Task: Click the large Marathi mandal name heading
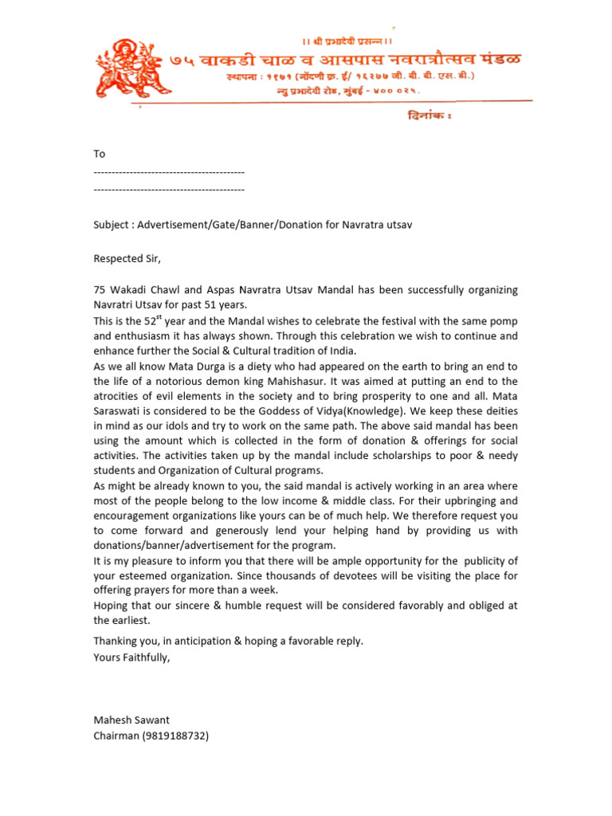coord(347,60)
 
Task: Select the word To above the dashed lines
coord(100,154)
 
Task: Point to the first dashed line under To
coord(169,172)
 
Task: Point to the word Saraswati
coord(119,410)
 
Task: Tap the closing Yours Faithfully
coord(131,657)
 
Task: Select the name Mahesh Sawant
coord(131,720)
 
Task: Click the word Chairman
coord(116,736)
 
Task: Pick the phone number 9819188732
coord(175,736)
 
